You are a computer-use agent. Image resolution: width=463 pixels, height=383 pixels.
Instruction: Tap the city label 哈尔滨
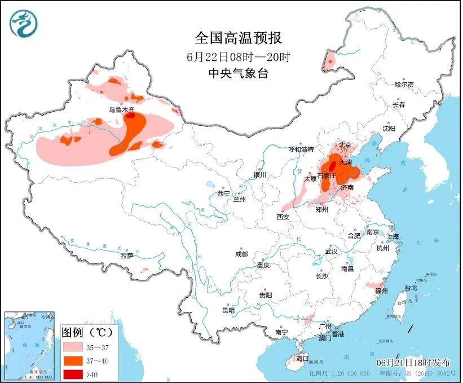[404, 85]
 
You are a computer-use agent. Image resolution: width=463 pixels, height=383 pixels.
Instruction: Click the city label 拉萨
[127, 256]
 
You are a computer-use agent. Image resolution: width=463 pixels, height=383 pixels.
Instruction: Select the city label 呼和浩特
[301, 149]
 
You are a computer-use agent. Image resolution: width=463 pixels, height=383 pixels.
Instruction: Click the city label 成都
[242, 254]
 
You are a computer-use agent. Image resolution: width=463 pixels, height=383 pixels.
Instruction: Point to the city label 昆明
[228, 310]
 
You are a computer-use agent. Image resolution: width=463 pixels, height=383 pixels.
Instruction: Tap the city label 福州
[381, 291]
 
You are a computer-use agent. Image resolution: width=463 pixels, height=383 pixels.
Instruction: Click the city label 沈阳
[389, 128]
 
